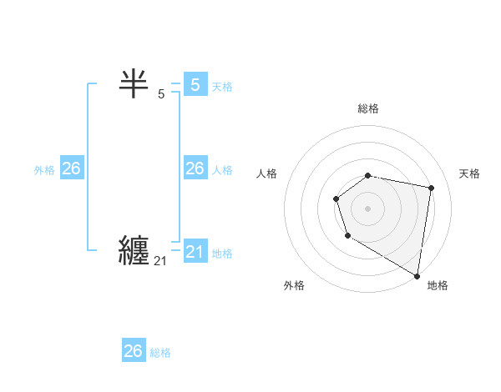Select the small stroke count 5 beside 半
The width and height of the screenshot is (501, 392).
tap(161, 94)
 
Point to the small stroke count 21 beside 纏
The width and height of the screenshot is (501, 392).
tap(160, 261)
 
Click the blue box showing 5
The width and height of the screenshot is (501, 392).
tap(195, 84)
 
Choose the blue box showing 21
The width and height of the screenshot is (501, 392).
tap(195, 252)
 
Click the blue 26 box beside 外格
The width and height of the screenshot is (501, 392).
tap(71, 168)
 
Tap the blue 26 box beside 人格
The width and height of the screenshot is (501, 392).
tap(195, 168)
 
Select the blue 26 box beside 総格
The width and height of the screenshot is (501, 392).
tap(134, 351)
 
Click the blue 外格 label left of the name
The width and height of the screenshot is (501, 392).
tap(44, 170)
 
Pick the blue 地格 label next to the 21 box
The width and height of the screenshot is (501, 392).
tap(222, 254)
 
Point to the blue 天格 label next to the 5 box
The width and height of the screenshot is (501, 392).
tap(222, 86)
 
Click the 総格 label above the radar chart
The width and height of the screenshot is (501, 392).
tap(368, 108)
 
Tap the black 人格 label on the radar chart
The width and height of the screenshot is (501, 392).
tap(266, 173)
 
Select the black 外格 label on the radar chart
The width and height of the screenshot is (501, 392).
tap(294, 285)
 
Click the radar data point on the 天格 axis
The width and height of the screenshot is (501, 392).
tap(431, 188)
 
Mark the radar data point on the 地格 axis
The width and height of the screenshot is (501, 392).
tap(417, 275)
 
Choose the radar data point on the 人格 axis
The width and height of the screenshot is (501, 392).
tap(336, 199)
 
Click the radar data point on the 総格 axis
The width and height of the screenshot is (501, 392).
tap(368, 175)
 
